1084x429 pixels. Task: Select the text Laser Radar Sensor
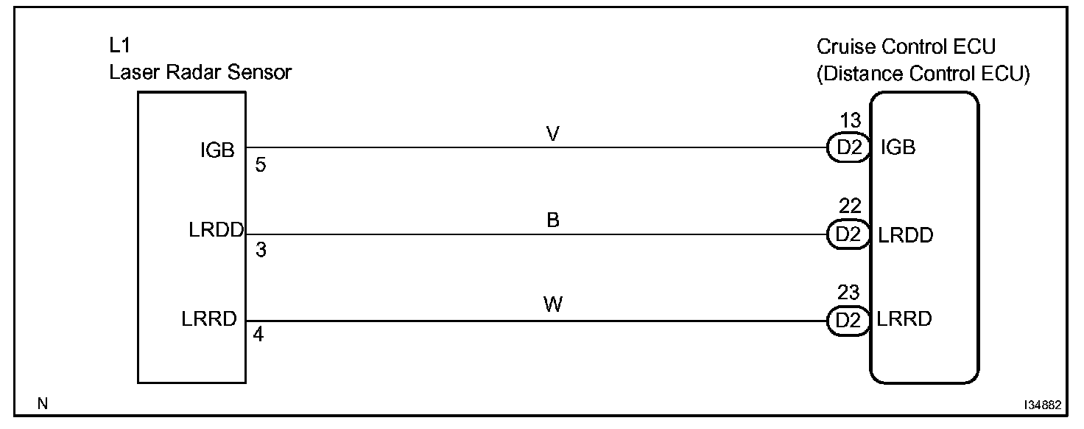(x=200, y=72)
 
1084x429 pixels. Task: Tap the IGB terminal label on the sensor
(x=217, y=150)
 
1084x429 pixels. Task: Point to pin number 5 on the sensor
(x=260, y=165)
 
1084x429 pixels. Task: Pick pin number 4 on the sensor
(x=258, y=335)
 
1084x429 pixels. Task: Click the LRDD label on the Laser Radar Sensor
(x=216, y=230)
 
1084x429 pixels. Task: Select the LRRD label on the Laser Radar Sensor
(x=209, y=319)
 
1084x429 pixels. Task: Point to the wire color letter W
(x=553, y=304)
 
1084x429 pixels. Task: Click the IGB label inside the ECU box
(x=898, y=147)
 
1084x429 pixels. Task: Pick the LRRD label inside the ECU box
(x=904, y=319)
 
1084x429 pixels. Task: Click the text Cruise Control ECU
(x=906, y=47)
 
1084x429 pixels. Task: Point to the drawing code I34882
(x=1041, y=405)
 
